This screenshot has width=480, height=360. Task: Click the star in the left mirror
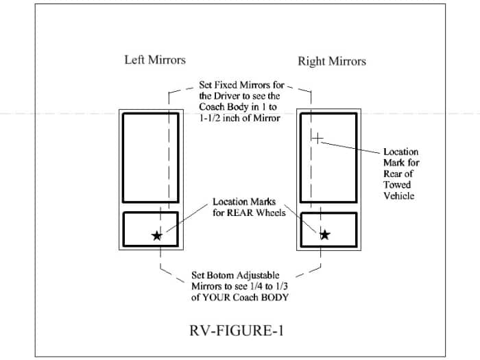pyautogui.click(x=157, y=235)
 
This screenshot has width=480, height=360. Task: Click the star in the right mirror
pyautogui.click(x=324, y=235)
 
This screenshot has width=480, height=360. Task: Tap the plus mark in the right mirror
pyautogui.click(x=317, y=139)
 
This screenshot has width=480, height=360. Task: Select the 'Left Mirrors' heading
pyautogui.click(x=154, y=60)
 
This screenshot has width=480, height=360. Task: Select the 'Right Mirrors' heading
pyautogui.click(x=331, y=62)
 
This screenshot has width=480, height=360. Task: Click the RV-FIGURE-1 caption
pyautogui.click(x=236, y=331)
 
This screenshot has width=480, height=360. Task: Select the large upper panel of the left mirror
pyautogui.click(x=151, y=157)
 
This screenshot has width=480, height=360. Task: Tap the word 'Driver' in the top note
pyautogui.click(x=215, y=96)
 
